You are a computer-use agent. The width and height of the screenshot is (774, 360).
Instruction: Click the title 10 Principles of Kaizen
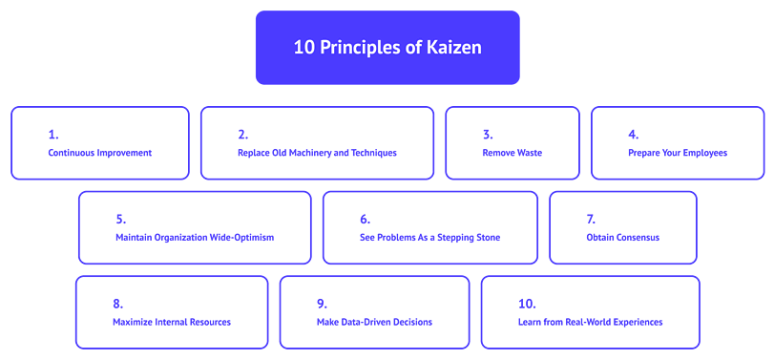[387, 48]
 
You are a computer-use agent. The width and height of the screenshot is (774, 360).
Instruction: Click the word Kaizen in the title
[456, 48]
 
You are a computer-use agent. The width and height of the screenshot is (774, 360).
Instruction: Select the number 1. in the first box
[52, 135]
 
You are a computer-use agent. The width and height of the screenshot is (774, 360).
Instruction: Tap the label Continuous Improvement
[100, 153]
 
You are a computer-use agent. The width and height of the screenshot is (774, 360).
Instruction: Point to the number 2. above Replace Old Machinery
[242, 135]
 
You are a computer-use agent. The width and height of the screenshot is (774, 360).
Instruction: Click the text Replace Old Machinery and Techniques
[317, 153]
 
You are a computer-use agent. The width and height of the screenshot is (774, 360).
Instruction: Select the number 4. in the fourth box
[633, 135]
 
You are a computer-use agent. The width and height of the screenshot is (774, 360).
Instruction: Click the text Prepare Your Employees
[678, 153]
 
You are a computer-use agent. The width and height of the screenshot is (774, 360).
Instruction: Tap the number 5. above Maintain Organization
[120, 219]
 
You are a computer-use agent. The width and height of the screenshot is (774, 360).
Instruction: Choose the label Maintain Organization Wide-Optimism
[195, 237]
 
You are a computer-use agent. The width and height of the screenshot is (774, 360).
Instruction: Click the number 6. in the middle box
[365, 219]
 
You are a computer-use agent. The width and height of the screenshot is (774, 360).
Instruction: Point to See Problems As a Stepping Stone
[429, 237]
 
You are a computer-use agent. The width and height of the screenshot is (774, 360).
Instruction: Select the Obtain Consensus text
[622, 237]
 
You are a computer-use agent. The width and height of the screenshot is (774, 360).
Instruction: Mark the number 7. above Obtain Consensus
[591, 219]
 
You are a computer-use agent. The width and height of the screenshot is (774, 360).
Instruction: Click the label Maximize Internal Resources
[172, 322]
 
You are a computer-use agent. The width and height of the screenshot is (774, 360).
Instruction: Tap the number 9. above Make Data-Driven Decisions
[322, 304]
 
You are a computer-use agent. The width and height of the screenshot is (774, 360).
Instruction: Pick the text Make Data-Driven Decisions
[374, 322]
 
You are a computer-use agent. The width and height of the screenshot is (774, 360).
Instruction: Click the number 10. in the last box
[527, 304]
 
